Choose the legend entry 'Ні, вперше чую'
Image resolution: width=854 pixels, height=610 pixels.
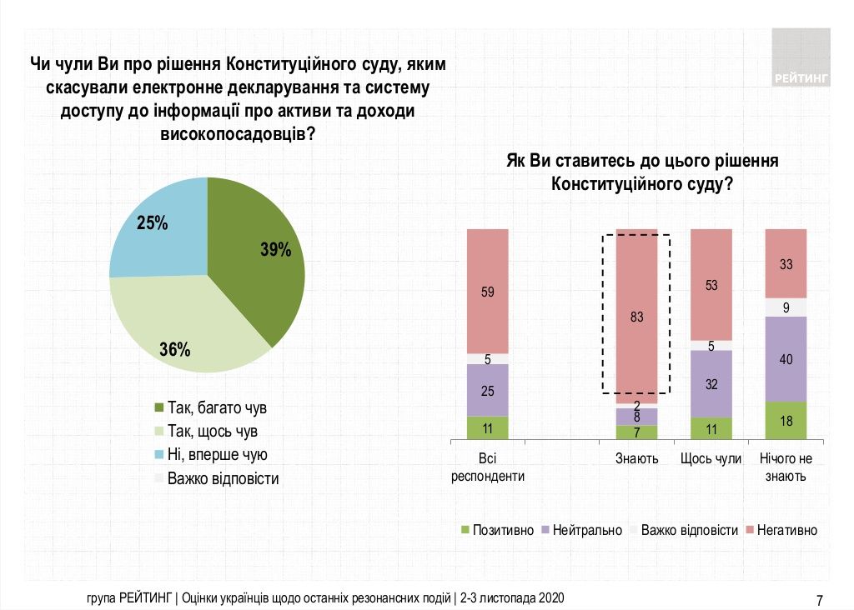[217, 455]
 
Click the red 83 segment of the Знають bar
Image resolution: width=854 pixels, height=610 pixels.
[637, 317]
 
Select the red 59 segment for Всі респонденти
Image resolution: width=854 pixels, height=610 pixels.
[488, 292]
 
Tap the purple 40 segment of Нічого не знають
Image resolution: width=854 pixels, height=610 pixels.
[786, 359]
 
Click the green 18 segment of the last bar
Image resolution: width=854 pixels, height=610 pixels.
[786, 420]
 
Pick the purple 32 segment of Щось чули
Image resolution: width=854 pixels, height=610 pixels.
[711, 384]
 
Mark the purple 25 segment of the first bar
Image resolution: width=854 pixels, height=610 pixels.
[488, 390]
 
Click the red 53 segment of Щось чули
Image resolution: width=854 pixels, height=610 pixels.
[711, 285]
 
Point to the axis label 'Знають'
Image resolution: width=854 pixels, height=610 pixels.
[637, 458]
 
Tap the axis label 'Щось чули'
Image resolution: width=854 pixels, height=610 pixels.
[711, 458]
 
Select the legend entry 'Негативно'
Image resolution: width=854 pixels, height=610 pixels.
[786, 530]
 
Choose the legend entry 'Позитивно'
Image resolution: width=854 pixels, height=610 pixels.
[503, 530]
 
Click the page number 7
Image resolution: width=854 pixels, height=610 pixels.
[820, 599]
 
